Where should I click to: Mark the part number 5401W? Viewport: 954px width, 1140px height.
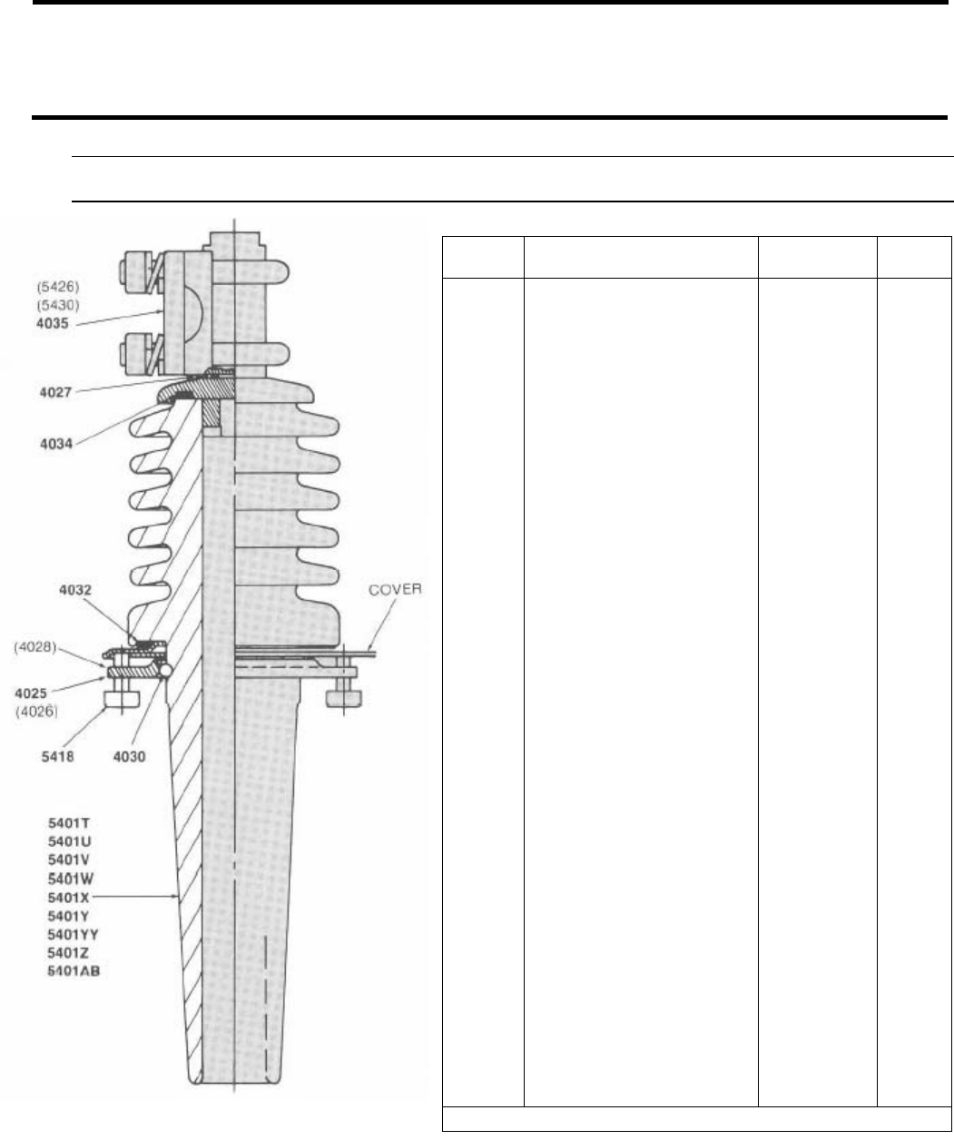tap(70, 878)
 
